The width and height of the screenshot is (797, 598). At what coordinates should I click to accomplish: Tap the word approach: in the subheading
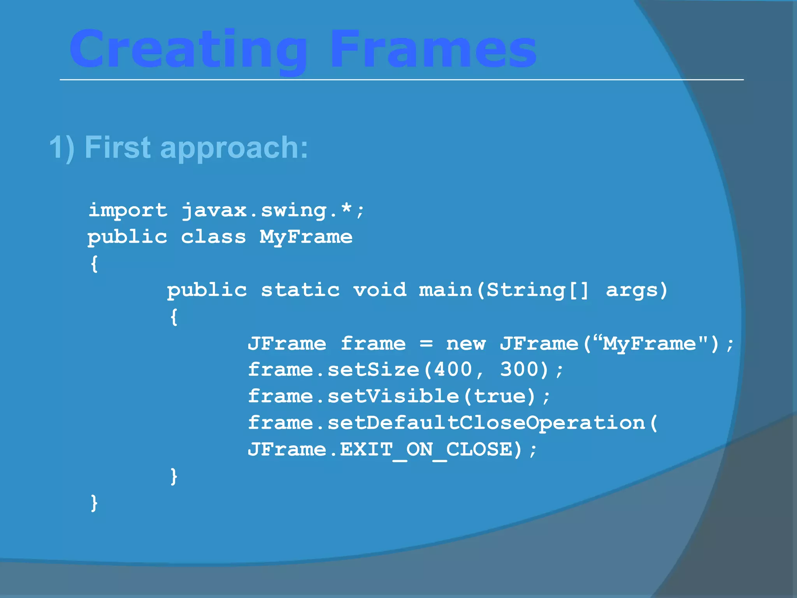pyautogui.click(x=234, y=148)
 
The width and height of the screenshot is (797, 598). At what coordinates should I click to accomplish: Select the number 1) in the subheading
pyautogui.click(x=61, y=148)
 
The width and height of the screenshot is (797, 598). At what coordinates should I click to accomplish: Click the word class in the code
pyautogui.click(x=213, y=237)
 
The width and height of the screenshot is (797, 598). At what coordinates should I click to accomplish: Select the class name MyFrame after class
pyautogui.click(x=306, y=237)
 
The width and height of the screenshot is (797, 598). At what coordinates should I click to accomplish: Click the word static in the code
pyautogui.click(x=300, y=290)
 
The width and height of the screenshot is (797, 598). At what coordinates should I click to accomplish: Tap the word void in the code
pyautogui.click(x=379, y=290)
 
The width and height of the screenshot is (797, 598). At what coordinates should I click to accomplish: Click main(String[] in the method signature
pyautogui.click(x=504, y=290)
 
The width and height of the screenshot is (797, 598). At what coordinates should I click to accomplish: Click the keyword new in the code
pyautogui.click(x=466, y=344)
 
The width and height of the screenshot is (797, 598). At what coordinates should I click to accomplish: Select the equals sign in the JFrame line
pyautogui.click(x=426, y=344)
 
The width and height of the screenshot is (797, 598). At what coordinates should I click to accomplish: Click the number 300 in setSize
pyautogui.click(x=519, y=369)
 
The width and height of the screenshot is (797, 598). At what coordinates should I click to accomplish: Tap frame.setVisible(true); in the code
pyautogui.click(x=399, y=396)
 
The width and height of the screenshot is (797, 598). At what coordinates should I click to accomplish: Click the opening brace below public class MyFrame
pyautogui.click(x=94, y=264)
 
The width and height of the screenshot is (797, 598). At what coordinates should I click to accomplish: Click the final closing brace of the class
pyautogui.click(x=94, y=503)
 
